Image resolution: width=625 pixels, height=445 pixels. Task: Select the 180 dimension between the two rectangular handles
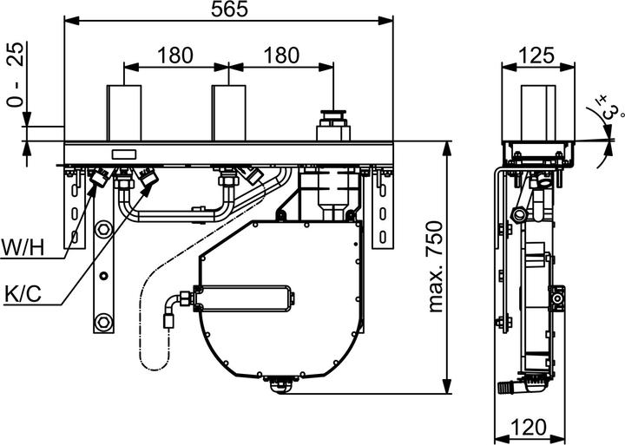click(174, 55)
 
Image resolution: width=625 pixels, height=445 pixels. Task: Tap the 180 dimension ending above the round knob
click(280, 55)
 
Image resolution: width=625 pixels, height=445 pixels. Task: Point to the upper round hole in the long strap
click(103, 230)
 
